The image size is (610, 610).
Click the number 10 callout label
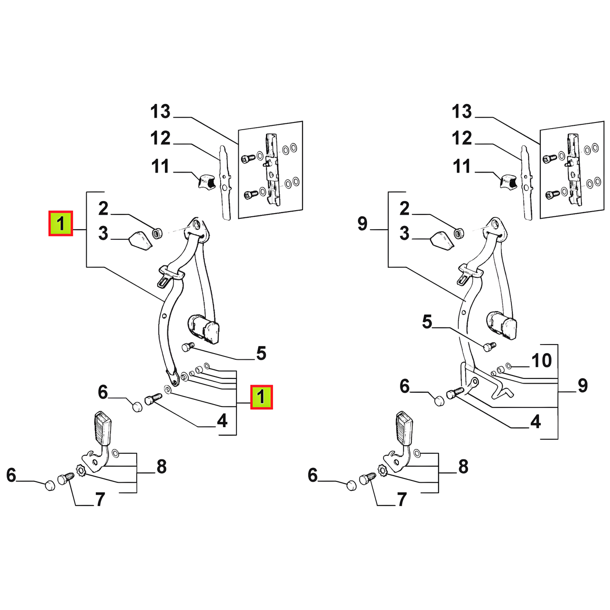click(542, 361)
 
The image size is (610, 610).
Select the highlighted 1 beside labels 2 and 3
click(61, 224)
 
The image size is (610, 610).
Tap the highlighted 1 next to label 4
click(262, 397)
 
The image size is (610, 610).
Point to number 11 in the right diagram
click(462, 167)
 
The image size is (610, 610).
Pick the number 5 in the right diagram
click(427, 322)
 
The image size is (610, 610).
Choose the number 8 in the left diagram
click(162, 466)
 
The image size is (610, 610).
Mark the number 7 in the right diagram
click(402, 500)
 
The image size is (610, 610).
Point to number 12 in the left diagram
click(161, 139)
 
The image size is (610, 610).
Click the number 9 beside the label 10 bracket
click(583, 386)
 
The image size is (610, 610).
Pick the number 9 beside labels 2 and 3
click(363, 224)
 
